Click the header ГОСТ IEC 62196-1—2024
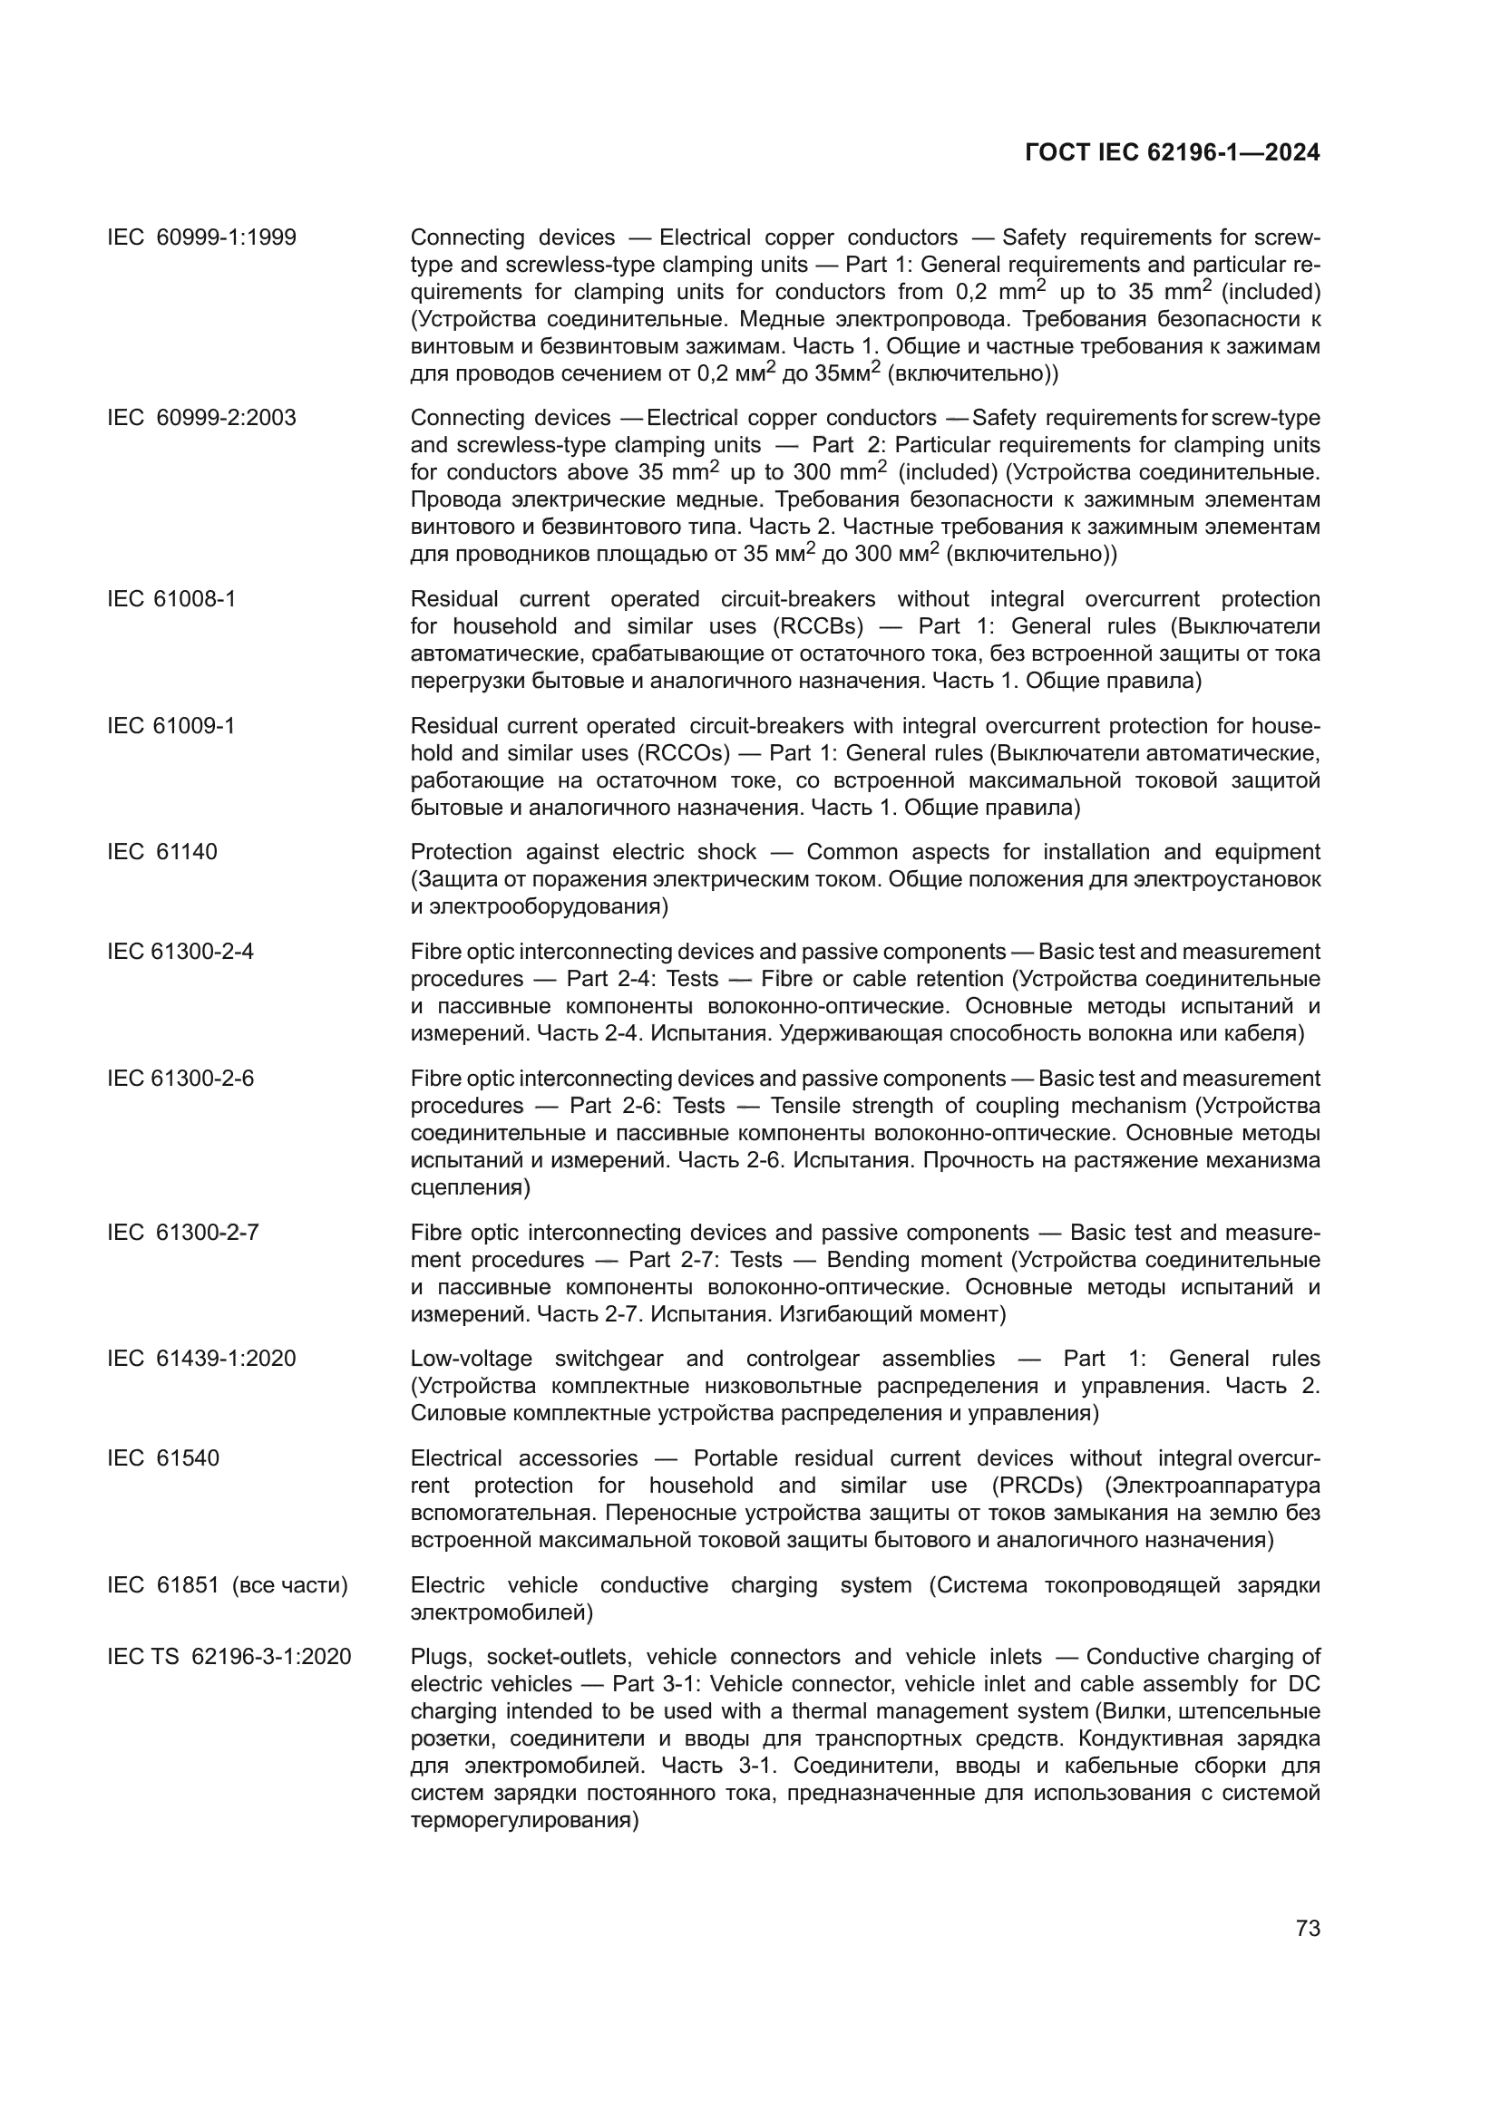click(1172, 153)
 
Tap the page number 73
click(1308, 1928)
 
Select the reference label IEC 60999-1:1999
click(201, 238)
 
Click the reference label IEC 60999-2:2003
click(201, 418)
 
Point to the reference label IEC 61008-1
click(170, 599)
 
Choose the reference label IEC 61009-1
click(170, 726)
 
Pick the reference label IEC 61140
click(161, 852)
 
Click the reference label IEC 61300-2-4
click(180, 952)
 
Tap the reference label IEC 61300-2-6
click(180, 1079)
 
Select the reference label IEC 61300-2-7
click(183, 1233)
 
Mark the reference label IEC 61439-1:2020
click(201, 1360)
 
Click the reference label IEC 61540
click(162, 1459)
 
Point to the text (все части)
click(290, 1585)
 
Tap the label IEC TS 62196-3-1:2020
click(229, 1658)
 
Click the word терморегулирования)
click(524, 1822)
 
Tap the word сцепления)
click(470, 1187)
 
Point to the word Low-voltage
click(471, 1360)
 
